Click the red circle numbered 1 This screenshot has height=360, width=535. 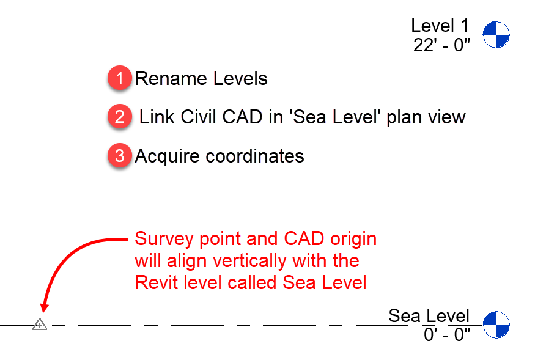[120, 79]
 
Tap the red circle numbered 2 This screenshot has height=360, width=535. [120, 117]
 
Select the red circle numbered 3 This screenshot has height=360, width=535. [120, 156]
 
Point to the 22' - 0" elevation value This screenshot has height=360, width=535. [441, 45]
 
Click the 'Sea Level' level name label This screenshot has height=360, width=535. [429, 315]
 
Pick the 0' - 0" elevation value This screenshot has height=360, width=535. [446, 334]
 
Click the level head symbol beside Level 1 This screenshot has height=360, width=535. [496, 35]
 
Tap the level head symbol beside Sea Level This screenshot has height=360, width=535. [496, 325]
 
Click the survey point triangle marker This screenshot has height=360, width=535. [40, 324]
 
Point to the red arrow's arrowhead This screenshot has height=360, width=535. [43, 309]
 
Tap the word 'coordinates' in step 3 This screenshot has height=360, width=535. [255, 156]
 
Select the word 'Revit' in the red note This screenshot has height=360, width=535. [155, 282]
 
